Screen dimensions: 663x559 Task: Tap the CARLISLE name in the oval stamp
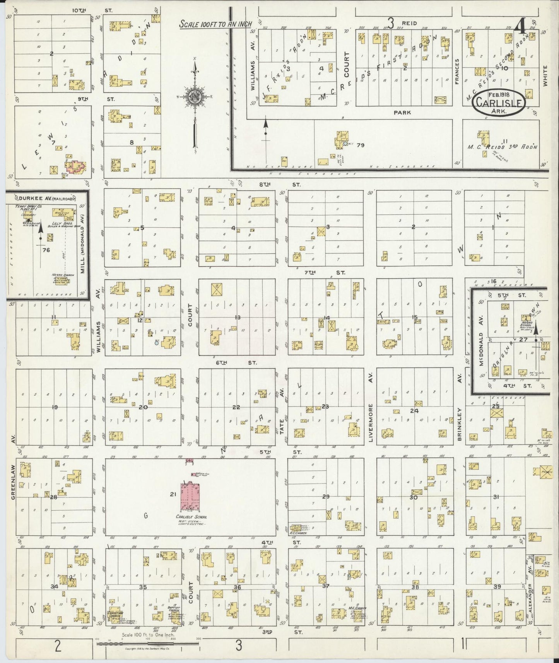point(500,103)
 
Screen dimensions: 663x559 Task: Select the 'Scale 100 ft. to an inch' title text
point(215,24)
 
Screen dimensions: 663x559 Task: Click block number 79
point(361,145)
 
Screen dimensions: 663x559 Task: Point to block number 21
point(173,494)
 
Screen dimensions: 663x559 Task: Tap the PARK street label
point(402,113)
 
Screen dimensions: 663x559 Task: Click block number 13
point(237,317)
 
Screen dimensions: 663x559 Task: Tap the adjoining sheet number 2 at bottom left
point(58,646)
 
